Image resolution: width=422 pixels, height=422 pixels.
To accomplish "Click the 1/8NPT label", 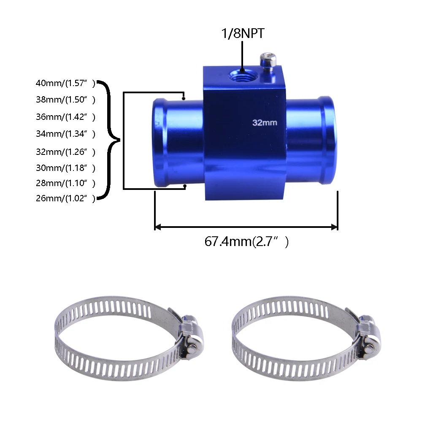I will coord(243,33).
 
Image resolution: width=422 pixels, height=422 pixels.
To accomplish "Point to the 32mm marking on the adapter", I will coord(264,123).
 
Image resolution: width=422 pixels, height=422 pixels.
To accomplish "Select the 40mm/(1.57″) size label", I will coord(65,83).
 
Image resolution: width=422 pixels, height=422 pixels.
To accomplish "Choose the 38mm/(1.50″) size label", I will coord(65,100).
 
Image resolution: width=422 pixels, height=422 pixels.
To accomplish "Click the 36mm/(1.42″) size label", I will coord(65,117).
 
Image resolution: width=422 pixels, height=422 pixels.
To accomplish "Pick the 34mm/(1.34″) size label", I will coord(65,134).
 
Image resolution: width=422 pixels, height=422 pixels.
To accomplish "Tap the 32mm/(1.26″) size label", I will coord(65,151).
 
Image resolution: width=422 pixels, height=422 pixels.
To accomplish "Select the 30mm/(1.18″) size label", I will coord(65,168).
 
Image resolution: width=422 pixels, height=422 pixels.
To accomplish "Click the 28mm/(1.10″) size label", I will coord(65,183).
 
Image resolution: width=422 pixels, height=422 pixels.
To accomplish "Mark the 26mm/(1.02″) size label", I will coord(65,198).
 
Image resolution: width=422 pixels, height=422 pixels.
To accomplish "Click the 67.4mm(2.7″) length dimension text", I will coord(246,242).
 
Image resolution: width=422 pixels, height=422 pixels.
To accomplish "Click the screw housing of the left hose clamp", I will coord(190,338).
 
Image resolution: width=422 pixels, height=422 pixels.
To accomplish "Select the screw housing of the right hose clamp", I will coord(367,338).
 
